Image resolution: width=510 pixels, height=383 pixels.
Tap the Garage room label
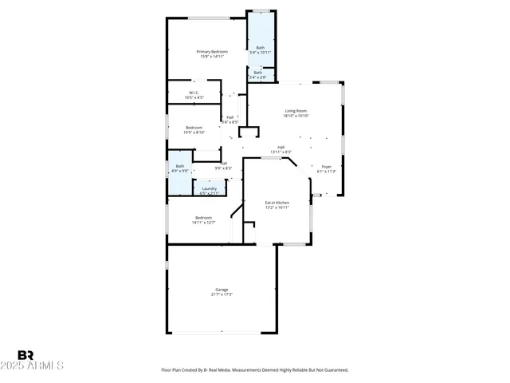(x=222, y=289)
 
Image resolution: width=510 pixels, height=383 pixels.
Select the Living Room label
(x=296, y=111)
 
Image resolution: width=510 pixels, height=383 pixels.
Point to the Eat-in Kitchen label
(x=277, y=203)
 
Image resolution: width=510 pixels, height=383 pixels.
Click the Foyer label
(x=327, y=167)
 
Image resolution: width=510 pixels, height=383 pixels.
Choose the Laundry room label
(x=210, y=188)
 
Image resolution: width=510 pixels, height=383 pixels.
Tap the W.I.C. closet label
(x=194, y=93)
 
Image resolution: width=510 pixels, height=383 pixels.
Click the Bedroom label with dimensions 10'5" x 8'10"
(x=194, y=128)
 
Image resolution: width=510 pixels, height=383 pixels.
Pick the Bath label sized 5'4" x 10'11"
(x=261, y=48)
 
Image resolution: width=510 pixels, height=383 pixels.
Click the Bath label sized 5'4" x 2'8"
(x=258, y=73)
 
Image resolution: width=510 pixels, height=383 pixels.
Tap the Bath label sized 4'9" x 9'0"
(x=180, y=166)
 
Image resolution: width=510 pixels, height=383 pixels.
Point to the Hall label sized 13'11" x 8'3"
(x=281, y=147)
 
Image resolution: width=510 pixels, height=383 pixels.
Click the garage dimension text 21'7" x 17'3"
(x=222, y=294)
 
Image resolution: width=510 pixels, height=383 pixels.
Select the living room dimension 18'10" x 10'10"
(x=296, y=116)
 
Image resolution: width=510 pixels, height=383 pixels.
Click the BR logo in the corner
(x=25, y=355)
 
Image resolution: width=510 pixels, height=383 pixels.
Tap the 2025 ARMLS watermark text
(x=40, y=366)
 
